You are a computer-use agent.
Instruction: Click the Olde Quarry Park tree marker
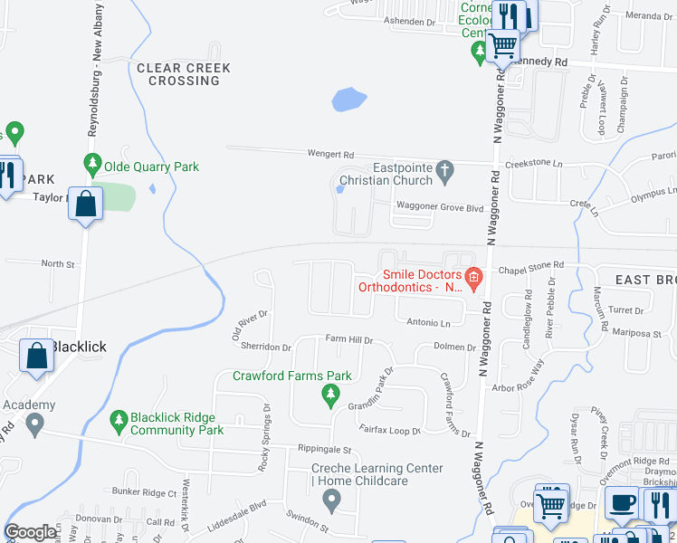pyautogui.click(x=91, y=165)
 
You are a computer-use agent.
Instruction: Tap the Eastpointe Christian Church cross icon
pyautogui.click(x=443, y=169)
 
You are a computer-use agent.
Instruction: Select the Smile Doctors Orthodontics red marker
pyautogui.click(x=472, y=277)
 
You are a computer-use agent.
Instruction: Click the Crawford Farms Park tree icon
pyautogui.click(x=331, y=394)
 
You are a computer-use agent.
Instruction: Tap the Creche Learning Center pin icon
pyautogui.click(x=333, y=498)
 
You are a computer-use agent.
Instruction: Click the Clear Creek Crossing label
pyautogui.click(x=184, y=74)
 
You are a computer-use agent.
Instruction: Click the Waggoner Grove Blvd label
pyautogui.click(x=437, y=207)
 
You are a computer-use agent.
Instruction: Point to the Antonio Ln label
pyautogui.click(x=428, y=322)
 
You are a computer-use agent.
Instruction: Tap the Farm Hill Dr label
pyautogui.click(x=349, y=339)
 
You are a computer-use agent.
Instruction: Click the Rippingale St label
pyautogui.click(x=324, y=449)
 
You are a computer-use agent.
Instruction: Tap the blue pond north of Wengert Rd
pyautogui.click(x=348, y=99)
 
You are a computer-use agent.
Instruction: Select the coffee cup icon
pyautogui.click(x=622, y=503)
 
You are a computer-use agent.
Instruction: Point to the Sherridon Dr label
pyautogui.click(x=266, y=347)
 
